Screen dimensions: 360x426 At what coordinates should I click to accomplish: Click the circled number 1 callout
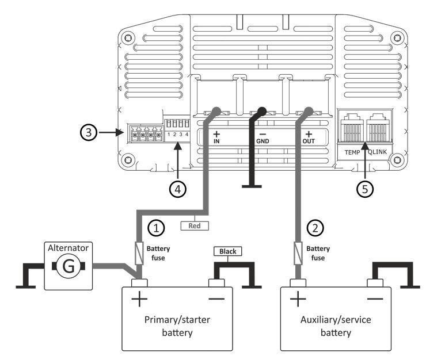click(x=157, y=228)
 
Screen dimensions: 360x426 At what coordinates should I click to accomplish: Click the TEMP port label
click(x=351, y=151)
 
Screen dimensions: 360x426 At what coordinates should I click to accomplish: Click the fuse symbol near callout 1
click(x=139, y=252)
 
